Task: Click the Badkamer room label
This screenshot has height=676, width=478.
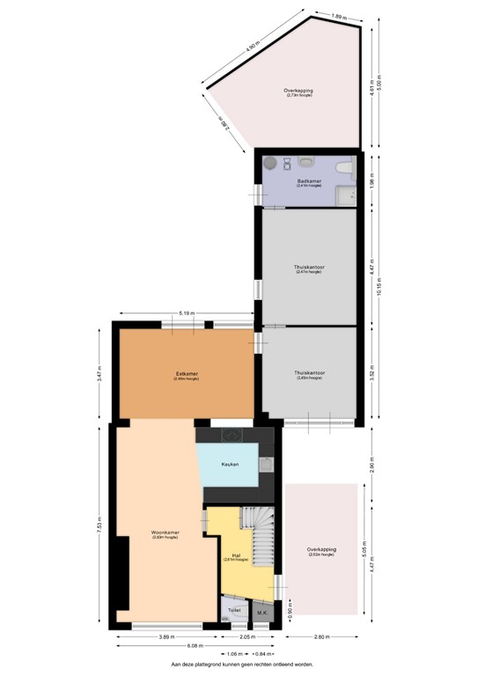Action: pyautogui.click(x=307, y=181)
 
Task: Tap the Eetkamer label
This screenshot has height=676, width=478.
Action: pyautogui.click(x=186, y=374)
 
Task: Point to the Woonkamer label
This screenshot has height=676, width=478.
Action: pyautogui.click(x=165, y=533)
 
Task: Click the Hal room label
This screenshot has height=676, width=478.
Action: pyautogui.click(x=236, y=555)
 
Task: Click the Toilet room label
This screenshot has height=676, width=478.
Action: pyautogui.click(x=233, y=609)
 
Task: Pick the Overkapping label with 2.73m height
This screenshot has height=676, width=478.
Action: pyautogui.click(x=298, y=92)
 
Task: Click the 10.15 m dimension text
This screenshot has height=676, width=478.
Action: pyautogui.click(x=379, y=288)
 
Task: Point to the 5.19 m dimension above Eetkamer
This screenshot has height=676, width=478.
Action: pyautogui.click(x=186, y=313)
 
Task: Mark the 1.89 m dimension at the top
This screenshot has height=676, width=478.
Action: pyautogui.click(x=338, y=15)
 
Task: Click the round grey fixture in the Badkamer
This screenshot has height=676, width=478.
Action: pyautogui.click(x=271, y=163)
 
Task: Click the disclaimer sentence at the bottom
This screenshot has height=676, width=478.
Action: pyautogui.click(x=240, y=665)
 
